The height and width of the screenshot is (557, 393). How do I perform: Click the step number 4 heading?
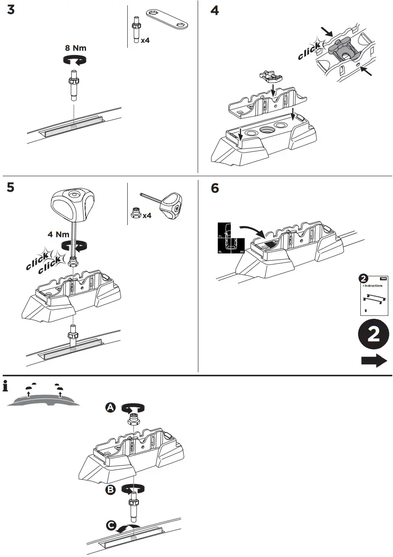coord(215,10)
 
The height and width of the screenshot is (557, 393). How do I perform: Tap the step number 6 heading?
coord(215,189)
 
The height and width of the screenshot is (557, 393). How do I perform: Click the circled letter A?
coord(111,407)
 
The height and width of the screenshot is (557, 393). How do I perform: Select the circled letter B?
coord(111,490)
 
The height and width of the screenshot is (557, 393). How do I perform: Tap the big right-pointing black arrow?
coord(374,360)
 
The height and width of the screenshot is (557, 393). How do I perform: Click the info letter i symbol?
coord(5,385)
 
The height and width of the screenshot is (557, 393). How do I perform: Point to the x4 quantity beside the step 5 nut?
coord(147,216)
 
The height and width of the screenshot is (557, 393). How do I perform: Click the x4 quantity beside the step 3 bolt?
coord(145,40)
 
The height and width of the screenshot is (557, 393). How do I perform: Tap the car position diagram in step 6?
coord(231,238)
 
